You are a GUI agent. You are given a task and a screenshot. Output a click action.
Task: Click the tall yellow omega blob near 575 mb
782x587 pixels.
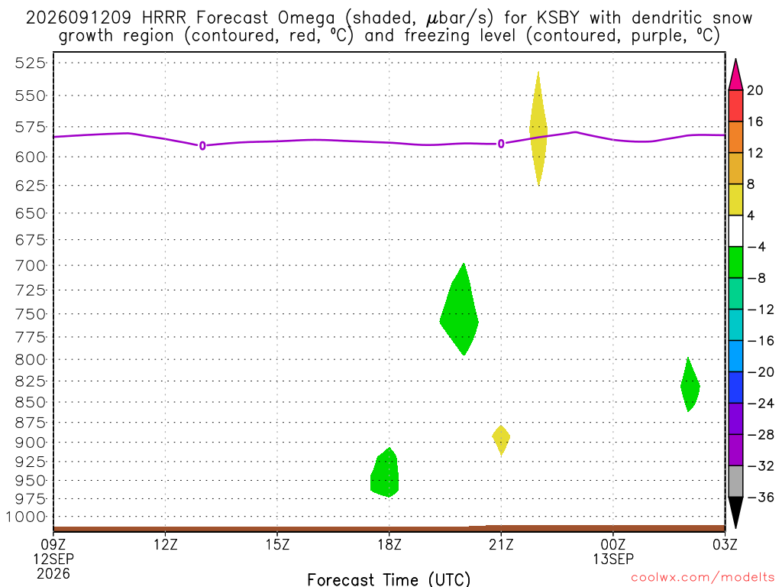(538, 128)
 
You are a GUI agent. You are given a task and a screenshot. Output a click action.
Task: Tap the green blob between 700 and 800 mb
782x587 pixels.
(459, 310)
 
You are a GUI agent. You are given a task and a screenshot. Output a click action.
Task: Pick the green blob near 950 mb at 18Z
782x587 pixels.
(385, 473)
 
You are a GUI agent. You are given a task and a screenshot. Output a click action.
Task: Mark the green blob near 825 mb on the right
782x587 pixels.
(690, 385)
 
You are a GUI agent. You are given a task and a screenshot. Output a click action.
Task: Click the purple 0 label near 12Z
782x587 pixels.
(202, 146)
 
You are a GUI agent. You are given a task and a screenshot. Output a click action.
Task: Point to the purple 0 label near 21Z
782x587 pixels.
(501, 144)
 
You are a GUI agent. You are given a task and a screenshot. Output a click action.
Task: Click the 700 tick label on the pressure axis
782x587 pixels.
(31, 265)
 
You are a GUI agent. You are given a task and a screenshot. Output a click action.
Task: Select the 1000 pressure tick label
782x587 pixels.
(26, 517)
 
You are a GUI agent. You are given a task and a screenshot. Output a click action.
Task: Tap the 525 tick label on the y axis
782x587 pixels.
(31, 63)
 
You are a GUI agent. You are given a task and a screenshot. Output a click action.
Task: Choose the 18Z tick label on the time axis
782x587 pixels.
(389, 544)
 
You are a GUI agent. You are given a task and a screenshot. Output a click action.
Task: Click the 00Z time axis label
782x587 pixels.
(613, 544)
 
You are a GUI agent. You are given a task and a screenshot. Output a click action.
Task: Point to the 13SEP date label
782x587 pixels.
(613, 559)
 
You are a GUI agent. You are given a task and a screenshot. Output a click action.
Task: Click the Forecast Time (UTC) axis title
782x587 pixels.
(389, 579)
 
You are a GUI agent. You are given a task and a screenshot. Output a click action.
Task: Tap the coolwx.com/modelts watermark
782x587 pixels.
(703, 577)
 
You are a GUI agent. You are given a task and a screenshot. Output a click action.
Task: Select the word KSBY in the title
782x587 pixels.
(558, 18)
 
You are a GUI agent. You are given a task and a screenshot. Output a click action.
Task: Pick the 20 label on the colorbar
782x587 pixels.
(755, 90)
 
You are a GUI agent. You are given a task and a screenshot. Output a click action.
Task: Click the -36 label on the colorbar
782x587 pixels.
(760, 497)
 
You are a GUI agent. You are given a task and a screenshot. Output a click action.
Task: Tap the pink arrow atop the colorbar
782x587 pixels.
(735, 75)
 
